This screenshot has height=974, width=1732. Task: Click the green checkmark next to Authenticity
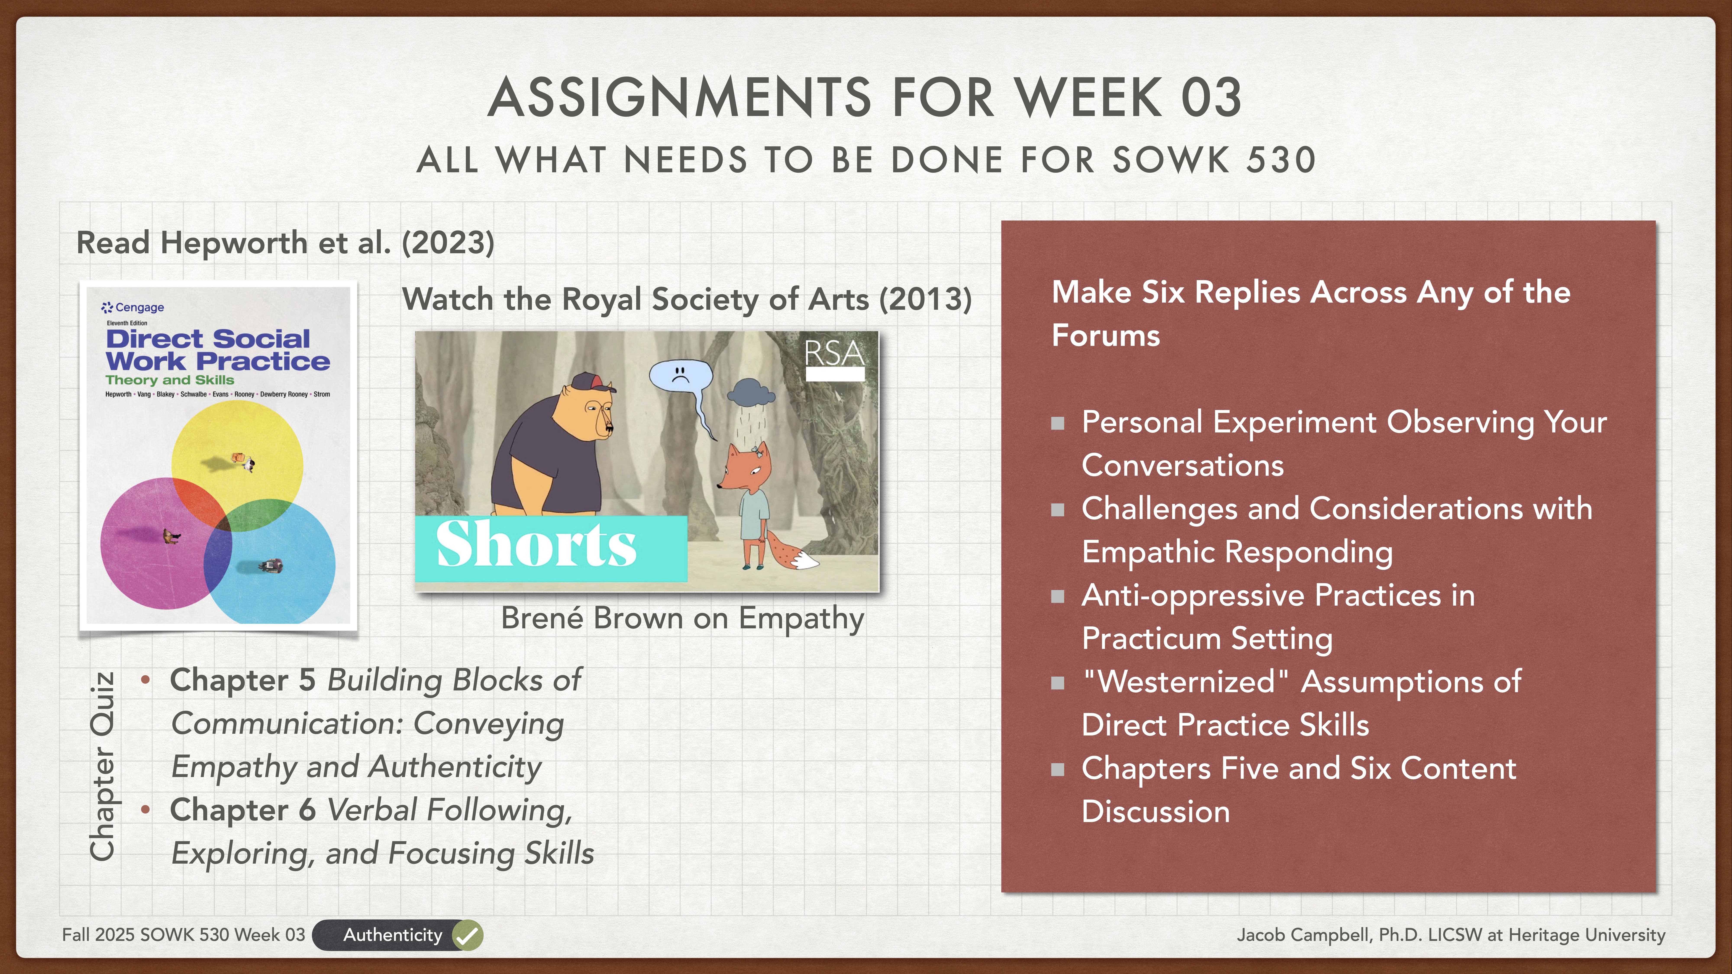[x=467, y=935]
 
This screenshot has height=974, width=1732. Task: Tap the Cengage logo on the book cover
[x=133, y=307]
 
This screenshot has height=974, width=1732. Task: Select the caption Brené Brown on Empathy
[x=683, y=618]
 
